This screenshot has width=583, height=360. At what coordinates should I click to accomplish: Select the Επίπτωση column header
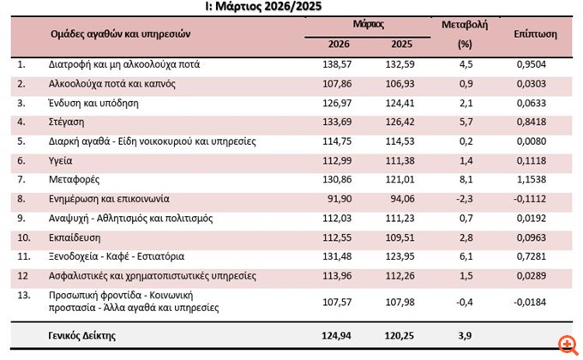coord(536,34)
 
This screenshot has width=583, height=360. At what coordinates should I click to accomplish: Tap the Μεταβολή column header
coord(465,27)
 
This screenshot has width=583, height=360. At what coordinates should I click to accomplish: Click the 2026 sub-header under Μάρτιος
coord(340,44)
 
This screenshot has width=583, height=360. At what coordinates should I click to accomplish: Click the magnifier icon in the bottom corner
coord(565,345)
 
